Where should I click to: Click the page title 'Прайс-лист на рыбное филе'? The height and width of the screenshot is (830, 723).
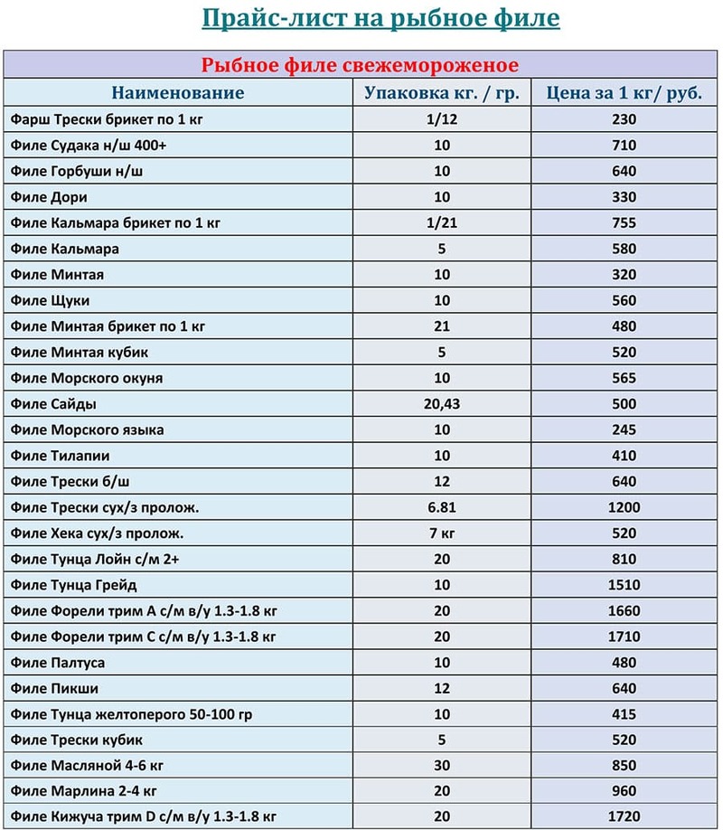coord(380,19)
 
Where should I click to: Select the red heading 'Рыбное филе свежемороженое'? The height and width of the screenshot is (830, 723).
coord(360,66)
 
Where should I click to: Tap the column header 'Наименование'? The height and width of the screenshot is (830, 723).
coord(178,93)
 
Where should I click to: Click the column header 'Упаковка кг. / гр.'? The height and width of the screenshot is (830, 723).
coord(442,93)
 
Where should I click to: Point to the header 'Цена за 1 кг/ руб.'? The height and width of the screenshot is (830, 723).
coord(624,93)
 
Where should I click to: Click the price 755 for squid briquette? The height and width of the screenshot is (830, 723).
coord(624,222)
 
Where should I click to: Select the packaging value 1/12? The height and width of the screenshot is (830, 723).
coord(442,119)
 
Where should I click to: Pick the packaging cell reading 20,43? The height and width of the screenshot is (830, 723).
coord(442,404)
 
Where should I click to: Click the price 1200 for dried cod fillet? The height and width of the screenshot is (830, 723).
coord(624,507)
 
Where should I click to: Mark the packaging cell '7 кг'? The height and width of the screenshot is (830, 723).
coord(442,533)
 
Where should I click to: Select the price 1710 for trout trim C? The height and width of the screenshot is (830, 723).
coord(624,637)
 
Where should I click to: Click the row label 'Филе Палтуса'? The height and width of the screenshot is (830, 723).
coord(58,663)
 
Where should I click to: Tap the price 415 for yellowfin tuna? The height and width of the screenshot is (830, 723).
coord(624,714)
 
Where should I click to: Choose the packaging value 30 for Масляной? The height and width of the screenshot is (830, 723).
coord(442,766)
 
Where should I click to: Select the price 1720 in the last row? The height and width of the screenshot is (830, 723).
coord(624,817)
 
